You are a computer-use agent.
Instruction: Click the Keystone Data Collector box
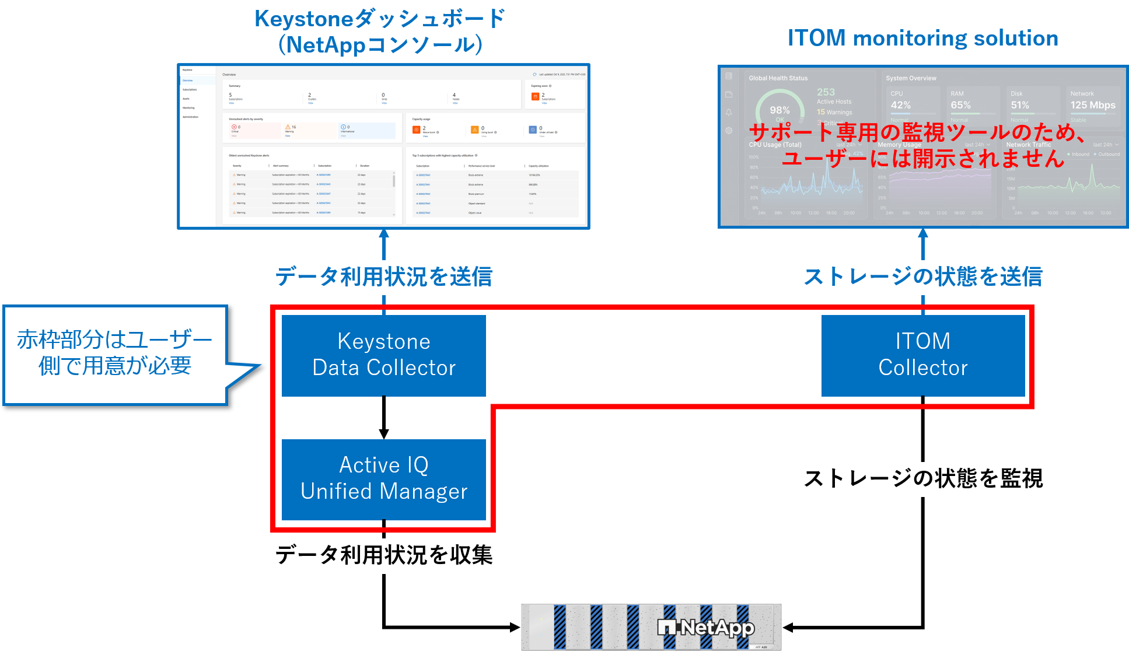(383, 355)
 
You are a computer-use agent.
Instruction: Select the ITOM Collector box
(922, 355)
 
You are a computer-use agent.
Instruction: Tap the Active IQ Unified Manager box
(383, 479)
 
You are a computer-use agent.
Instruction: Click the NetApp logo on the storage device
(706, 628)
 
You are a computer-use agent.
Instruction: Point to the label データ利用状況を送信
(383, 277)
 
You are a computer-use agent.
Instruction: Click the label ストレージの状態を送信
(922, 277)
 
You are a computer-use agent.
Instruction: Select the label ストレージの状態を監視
(922, 479)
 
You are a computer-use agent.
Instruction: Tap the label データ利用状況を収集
(383, 555)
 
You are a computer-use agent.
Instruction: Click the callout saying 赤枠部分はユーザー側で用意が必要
(115, 353)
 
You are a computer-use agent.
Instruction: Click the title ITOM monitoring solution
(922, 38)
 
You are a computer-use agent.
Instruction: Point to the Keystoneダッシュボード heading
(380, 20)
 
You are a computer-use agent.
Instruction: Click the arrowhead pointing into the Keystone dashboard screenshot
(383, 234)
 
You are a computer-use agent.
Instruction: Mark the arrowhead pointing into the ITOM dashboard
(922, 233)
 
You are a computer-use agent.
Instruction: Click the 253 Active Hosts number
(826, 92)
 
